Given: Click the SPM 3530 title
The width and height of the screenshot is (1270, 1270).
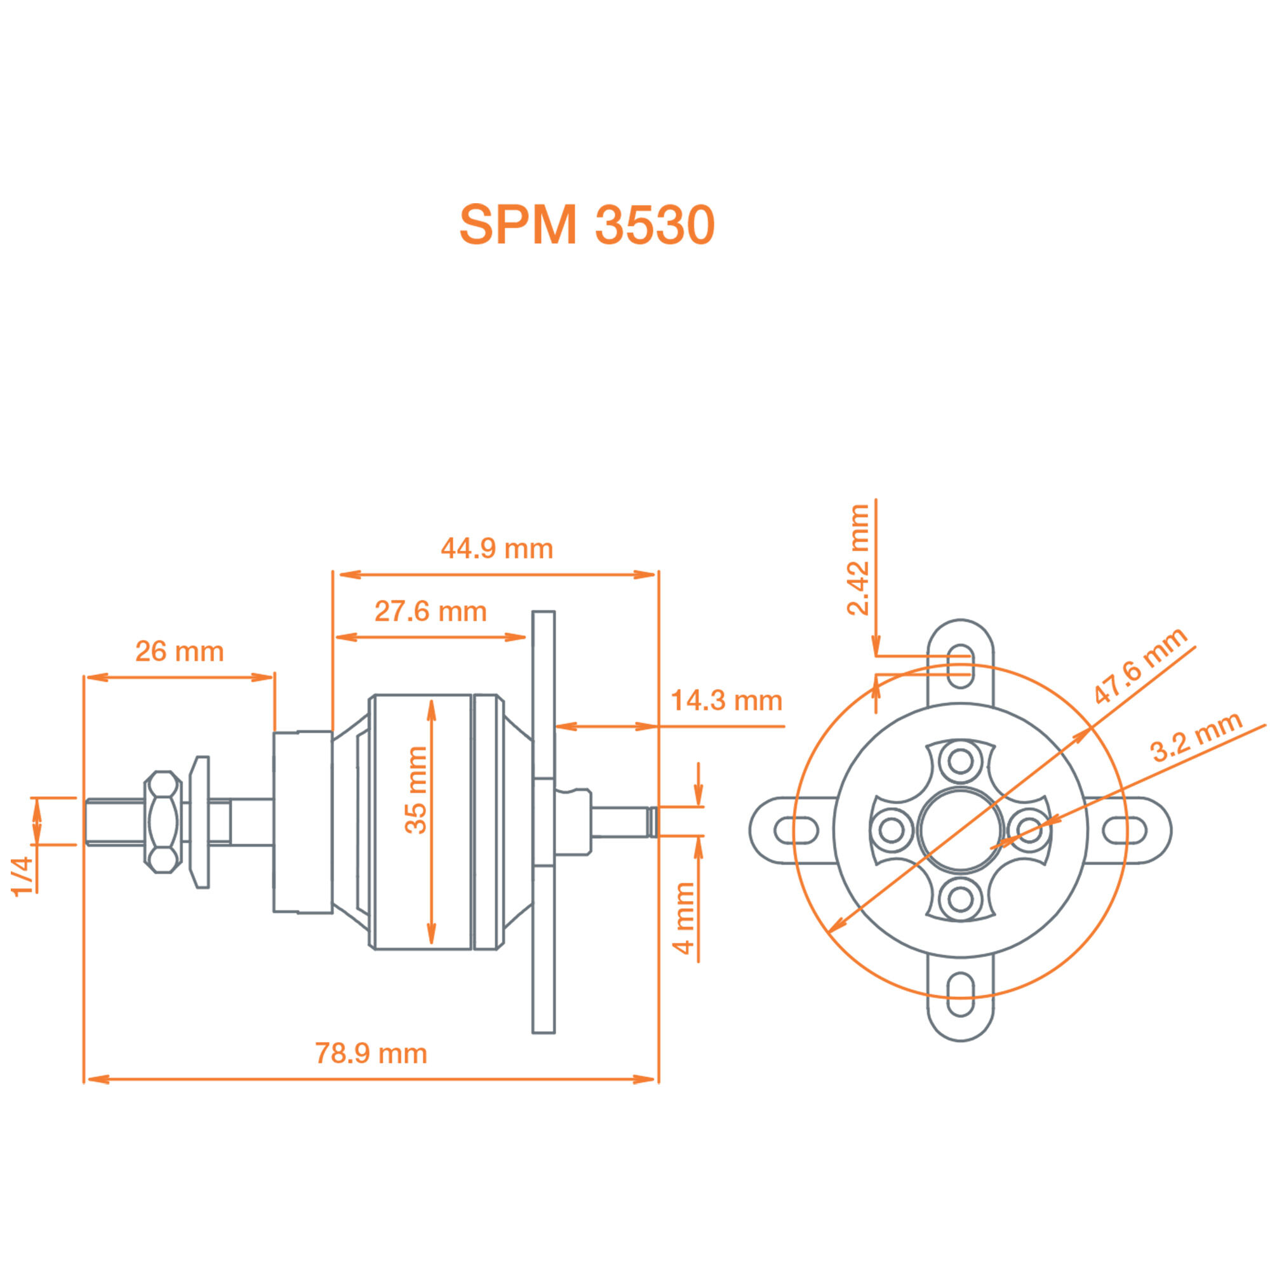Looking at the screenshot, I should pyautogui.click(x=586, y=225).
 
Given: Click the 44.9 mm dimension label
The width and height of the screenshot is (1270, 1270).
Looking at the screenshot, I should pyautogui.click(x=497, y=548).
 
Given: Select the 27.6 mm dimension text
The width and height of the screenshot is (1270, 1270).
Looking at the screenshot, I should pyautogui.click(x=431, y=612).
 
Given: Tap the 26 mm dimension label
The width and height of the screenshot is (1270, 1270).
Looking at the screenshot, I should pyautogui.click(x=180, y=652).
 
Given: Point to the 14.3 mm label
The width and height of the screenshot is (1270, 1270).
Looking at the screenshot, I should pyautogui.click(x=726, y=701).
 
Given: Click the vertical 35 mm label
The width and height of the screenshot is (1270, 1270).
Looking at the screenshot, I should pyautogui.click(x=415, y=791).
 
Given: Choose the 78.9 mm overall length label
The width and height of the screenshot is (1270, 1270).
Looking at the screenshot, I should pyautogui.click(x=371, y=1053).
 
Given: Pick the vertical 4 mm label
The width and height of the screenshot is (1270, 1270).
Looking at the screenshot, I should pyautogui.click(x=684, y=918).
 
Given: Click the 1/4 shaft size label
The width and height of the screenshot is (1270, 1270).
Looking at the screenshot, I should pyautogui.click(x=22, y=876).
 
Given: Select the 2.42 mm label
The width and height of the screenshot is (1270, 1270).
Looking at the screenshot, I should pyautogui.click(x=858, y=560).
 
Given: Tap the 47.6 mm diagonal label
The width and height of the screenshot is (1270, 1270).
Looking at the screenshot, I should pyautogui.click(x=1140, y=665).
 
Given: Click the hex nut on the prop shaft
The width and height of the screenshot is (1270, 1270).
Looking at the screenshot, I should pyautogui.click(x=163, y=822).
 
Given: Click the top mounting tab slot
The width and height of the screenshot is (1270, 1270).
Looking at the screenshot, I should pyautogui.click(x=960, y=666).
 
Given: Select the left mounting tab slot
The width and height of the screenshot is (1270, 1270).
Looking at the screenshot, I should pyautogui.click(x=796, y=830).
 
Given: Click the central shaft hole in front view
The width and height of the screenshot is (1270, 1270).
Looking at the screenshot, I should pyautogui.click(x=960, y=830).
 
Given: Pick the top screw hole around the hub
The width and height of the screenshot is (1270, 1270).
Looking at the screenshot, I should pyautogui.click(x=960, y=762).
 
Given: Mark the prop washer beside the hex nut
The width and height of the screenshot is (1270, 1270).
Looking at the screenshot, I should pyautogui.click(x=199, y=822).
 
